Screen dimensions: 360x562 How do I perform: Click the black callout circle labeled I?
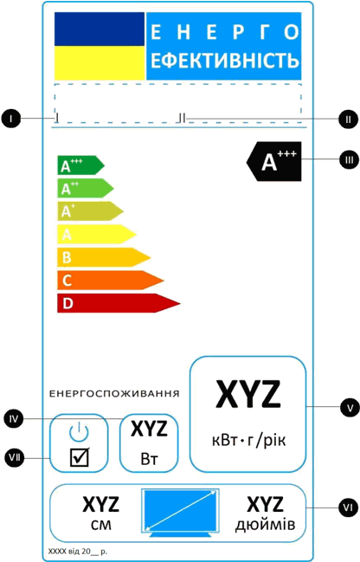pos(11,119)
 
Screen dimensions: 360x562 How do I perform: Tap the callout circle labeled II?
pos(348,119)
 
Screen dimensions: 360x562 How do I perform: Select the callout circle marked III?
pos(349,160)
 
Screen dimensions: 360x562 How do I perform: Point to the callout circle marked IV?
pos(14,418)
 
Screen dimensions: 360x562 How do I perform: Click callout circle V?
pos(350,408)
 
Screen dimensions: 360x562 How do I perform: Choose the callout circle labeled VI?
pos(348,507)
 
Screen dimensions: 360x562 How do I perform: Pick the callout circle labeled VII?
pos(15,458)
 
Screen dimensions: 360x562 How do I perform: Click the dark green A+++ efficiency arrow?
pos(80,165)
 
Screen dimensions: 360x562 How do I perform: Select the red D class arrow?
pos(119,303)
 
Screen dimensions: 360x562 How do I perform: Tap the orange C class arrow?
pos(111,281)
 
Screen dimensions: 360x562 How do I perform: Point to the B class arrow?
pos(104,257)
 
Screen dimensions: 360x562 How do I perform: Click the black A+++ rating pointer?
pos(274,161)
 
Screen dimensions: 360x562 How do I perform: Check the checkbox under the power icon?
pos(79,457)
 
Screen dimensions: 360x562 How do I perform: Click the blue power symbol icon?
pos(79,431)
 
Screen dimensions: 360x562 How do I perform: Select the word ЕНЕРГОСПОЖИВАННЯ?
pos(114,393)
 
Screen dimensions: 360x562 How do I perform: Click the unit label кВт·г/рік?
pos(248,440)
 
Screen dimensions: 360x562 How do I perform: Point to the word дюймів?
pos(265,525)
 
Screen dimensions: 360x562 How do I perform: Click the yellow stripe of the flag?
pos(100,63)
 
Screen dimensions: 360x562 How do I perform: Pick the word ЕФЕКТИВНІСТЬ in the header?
pos(225,60)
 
